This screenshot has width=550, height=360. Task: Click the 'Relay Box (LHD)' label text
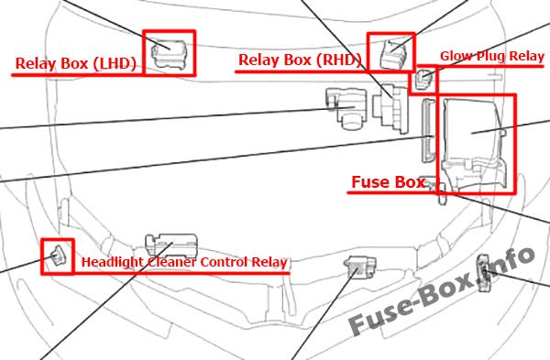(76, 63)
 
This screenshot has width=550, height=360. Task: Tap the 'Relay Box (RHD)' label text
(300, 60)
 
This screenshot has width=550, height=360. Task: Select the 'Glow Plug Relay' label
(491, 56)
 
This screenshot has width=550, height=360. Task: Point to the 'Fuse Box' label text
(389, 182)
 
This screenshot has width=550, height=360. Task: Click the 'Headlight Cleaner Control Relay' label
(184, 262)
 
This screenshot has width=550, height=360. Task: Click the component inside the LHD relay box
(169, 53)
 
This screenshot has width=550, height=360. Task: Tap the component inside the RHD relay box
(393, 54)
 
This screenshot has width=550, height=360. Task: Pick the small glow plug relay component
(423, 79)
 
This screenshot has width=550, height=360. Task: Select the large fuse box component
(475, 143)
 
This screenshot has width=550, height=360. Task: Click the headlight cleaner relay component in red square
(58, 256)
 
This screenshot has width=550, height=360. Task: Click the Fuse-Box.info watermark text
(442, 291)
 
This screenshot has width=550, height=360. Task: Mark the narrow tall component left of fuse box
(428, 130)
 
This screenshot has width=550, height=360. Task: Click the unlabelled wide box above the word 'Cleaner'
(171, 245)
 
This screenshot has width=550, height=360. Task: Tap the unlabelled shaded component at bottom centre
(359, 267)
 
